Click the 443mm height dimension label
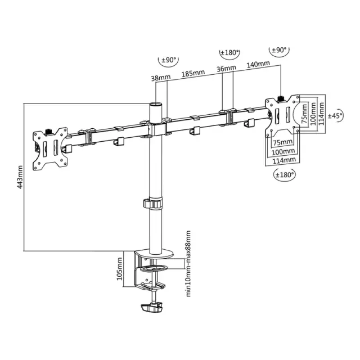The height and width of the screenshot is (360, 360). coord(20,177)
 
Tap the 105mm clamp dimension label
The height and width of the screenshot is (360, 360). coord(119,269)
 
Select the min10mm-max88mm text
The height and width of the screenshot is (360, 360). coord(188,264)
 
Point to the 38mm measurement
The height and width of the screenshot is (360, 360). coord(161,78)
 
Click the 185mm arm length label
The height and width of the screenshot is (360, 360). coord(193,73)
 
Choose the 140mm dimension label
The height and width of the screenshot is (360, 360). coord(258,64)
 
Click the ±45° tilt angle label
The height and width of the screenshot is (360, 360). coord(336,115)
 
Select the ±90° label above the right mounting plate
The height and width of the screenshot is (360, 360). coord(279,50)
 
